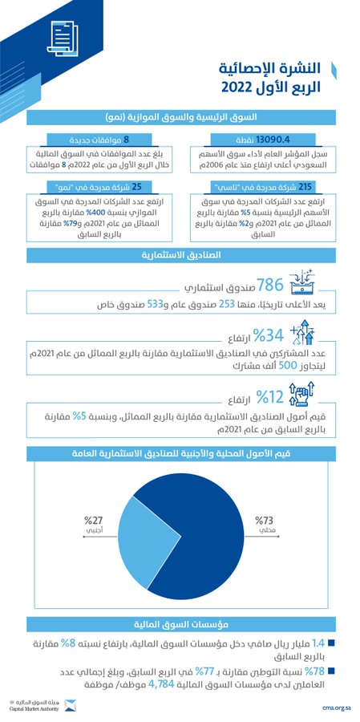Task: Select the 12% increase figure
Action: pyautogui.click(x=270, y=396)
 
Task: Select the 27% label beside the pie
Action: pyautogui.click(x=96, y=519)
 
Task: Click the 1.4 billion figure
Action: pyautogui.click(x=318, y=643)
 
